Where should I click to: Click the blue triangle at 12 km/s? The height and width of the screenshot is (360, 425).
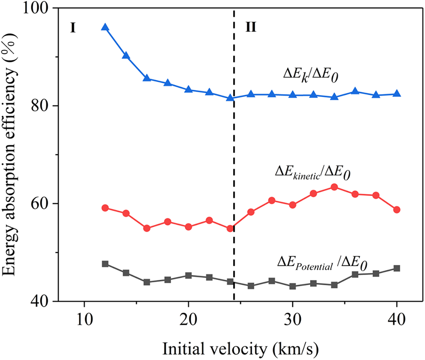click(x=105, y=28)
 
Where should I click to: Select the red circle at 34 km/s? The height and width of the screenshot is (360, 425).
click(x=334, y=187)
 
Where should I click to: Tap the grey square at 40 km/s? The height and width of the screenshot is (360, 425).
click(x=397, y=268)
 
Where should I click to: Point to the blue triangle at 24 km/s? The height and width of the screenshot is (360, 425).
click(x=230, y=98)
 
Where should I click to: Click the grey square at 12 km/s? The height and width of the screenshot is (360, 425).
click(x=105, y=264)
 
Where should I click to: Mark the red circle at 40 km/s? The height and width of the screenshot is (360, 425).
click(x=397, y=209)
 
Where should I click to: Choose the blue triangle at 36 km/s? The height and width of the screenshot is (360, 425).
click(x=355, y=91)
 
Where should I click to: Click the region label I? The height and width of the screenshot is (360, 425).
click(x=72, y=28)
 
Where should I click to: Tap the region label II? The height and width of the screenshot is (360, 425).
click(x=251, y=28)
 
